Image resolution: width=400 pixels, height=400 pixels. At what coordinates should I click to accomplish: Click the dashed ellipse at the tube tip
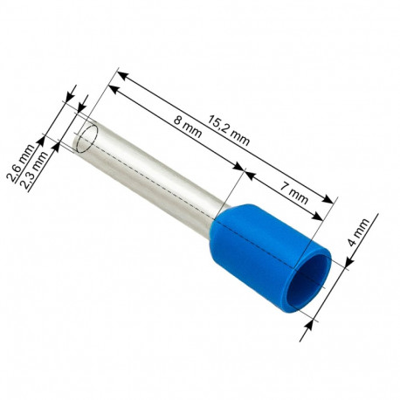pos(86,139)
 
